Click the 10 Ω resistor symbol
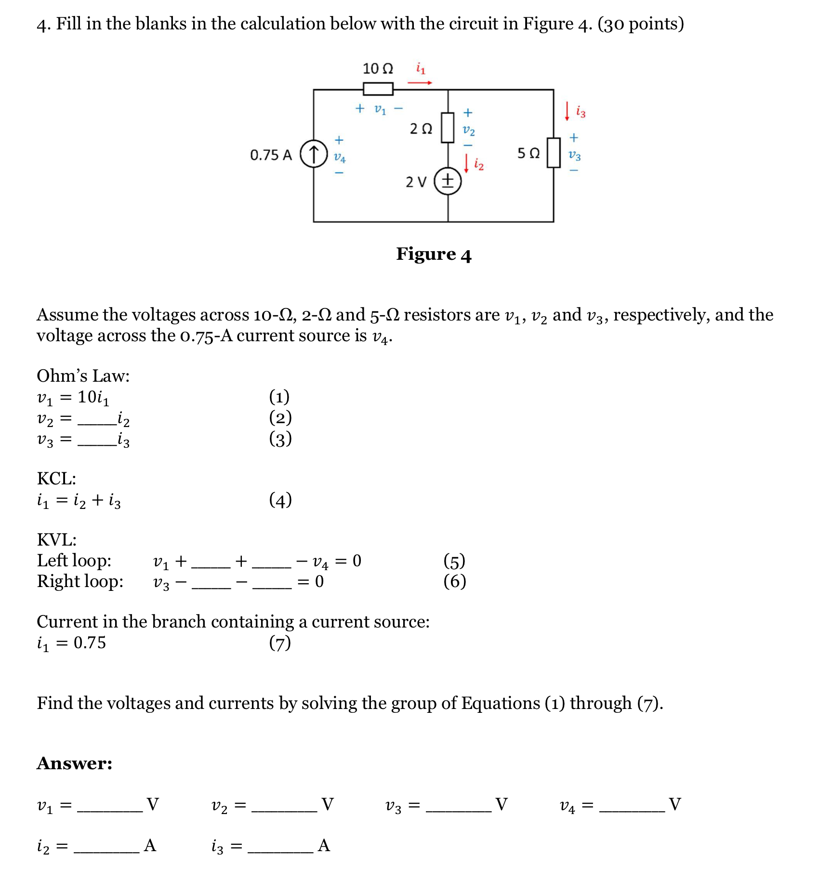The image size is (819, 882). [378, 89]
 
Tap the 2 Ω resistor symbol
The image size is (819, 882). [448, 128]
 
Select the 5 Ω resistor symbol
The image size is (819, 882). [554, 153]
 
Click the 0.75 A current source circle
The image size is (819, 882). [314, 154]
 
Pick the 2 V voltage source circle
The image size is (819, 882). [448, 182]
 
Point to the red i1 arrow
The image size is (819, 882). [420, 83]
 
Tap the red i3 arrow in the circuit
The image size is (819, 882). [567, 111]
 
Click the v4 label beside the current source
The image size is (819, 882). [340, 157]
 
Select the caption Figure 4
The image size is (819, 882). [434, 254]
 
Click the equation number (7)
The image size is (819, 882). [280, 642]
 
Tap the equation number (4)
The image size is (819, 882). [280, 500]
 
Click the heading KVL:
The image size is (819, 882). [56, 539]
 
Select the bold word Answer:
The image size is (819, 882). [75, 763]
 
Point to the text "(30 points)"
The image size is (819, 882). [640, 24]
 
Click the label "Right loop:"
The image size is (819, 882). [80, 581]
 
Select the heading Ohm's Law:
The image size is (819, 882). [83, 376]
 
